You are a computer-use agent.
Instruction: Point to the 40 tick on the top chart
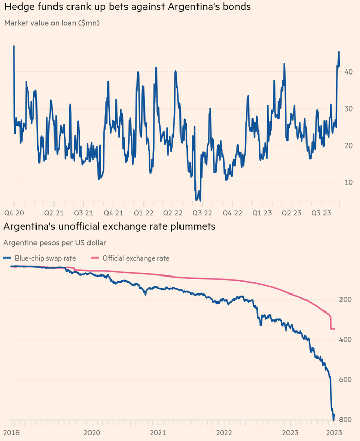(349, 72)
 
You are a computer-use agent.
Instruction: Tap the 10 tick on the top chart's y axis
(349, 182)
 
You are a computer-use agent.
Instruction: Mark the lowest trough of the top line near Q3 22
(197, 200)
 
